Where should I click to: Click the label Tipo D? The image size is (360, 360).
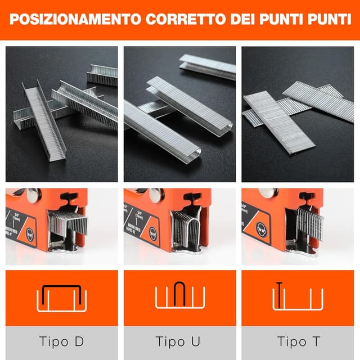pyautogui.click(x=62, y=341)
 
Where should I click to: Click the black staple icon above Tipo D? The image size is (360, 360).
pyautogui.click(x=62, y=294)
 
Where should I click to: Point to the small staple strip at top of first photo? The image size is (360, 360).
pyautogui.click(x=103, y=74)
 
